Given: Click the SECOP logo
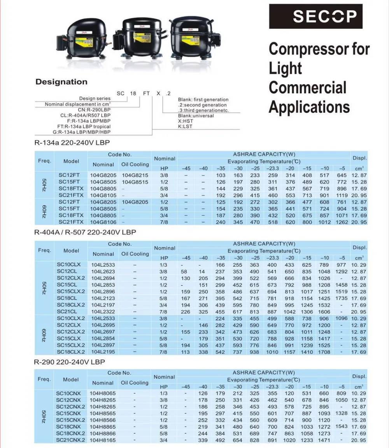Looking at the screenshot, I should point(315,16).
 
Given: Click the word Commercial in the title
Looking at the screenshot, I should point(307,87).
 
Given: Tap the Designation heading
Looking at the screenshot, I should point(61,82).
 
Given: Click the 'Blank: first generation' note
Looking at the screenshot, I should point(203,100).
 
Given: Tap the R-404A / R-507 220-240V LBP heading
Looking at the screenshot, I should point(85,232).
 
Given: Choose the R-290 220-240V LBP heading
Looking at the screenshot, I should point(70,362).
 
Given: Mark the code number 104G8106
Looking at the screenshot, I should point(103,222).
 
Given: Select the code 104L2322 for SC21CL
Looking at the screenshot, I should point(103,312).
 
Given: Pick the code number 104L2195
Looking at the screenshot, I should point(103,352).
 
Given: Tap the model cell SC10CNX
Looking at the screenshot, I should point(68,394).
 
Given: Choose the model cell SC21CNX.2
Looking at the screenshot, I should point(70,440).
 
